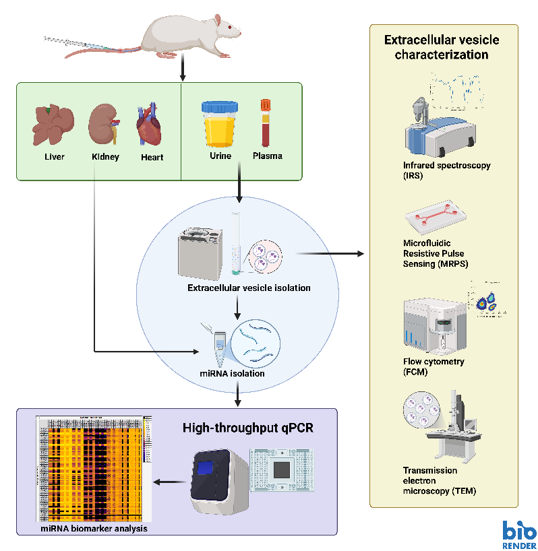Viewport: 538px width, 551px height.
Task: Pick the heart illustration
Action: coord(149,126)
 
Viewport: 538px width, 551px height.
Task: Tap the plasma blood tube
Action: coord(265,122)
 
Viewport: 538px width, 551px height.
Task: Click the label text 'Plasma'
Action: coord(267,156)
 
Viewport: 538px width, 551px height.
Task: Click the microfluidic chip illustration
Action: coord(435,217)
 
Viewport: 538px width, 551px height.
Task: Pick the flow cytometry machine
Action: coord(431,324)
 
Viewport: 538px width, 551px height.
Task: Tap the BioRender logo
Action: coord(519,534)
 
